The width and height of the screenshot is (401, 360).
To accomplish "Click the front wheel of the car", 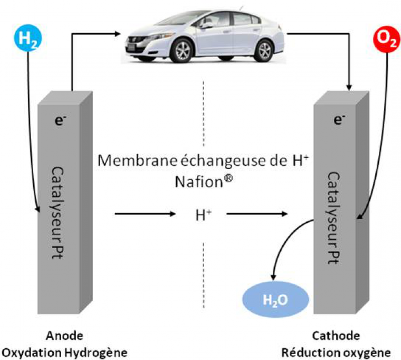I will [183, 51].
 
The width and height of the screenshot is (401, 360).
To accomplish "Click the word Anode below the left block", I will [65, 336].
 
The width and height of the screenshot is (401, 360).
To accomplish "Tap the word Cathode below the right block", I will [336, 336].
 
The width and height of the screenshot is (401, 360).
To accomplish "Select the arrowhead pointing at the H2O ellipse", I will [273, 279].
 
